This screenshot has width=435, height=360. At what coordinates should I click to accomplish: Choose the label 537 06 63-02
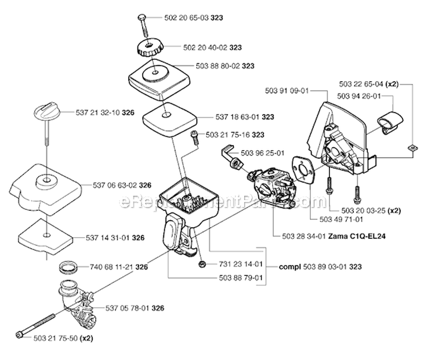click(x=114, y=186)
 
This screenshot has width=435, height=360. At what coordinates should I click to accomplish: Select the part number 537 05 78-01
click(x=126, y=308)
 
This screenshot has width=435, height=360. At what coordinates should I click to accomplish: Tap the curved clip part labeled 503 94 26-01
click(x=389, y=122)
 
